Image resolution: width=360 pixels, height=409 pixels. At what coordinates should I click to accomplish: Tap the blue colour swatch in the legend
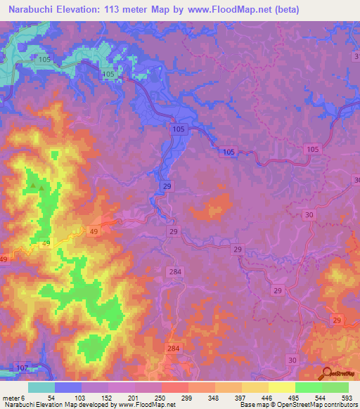click(67, 387)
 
